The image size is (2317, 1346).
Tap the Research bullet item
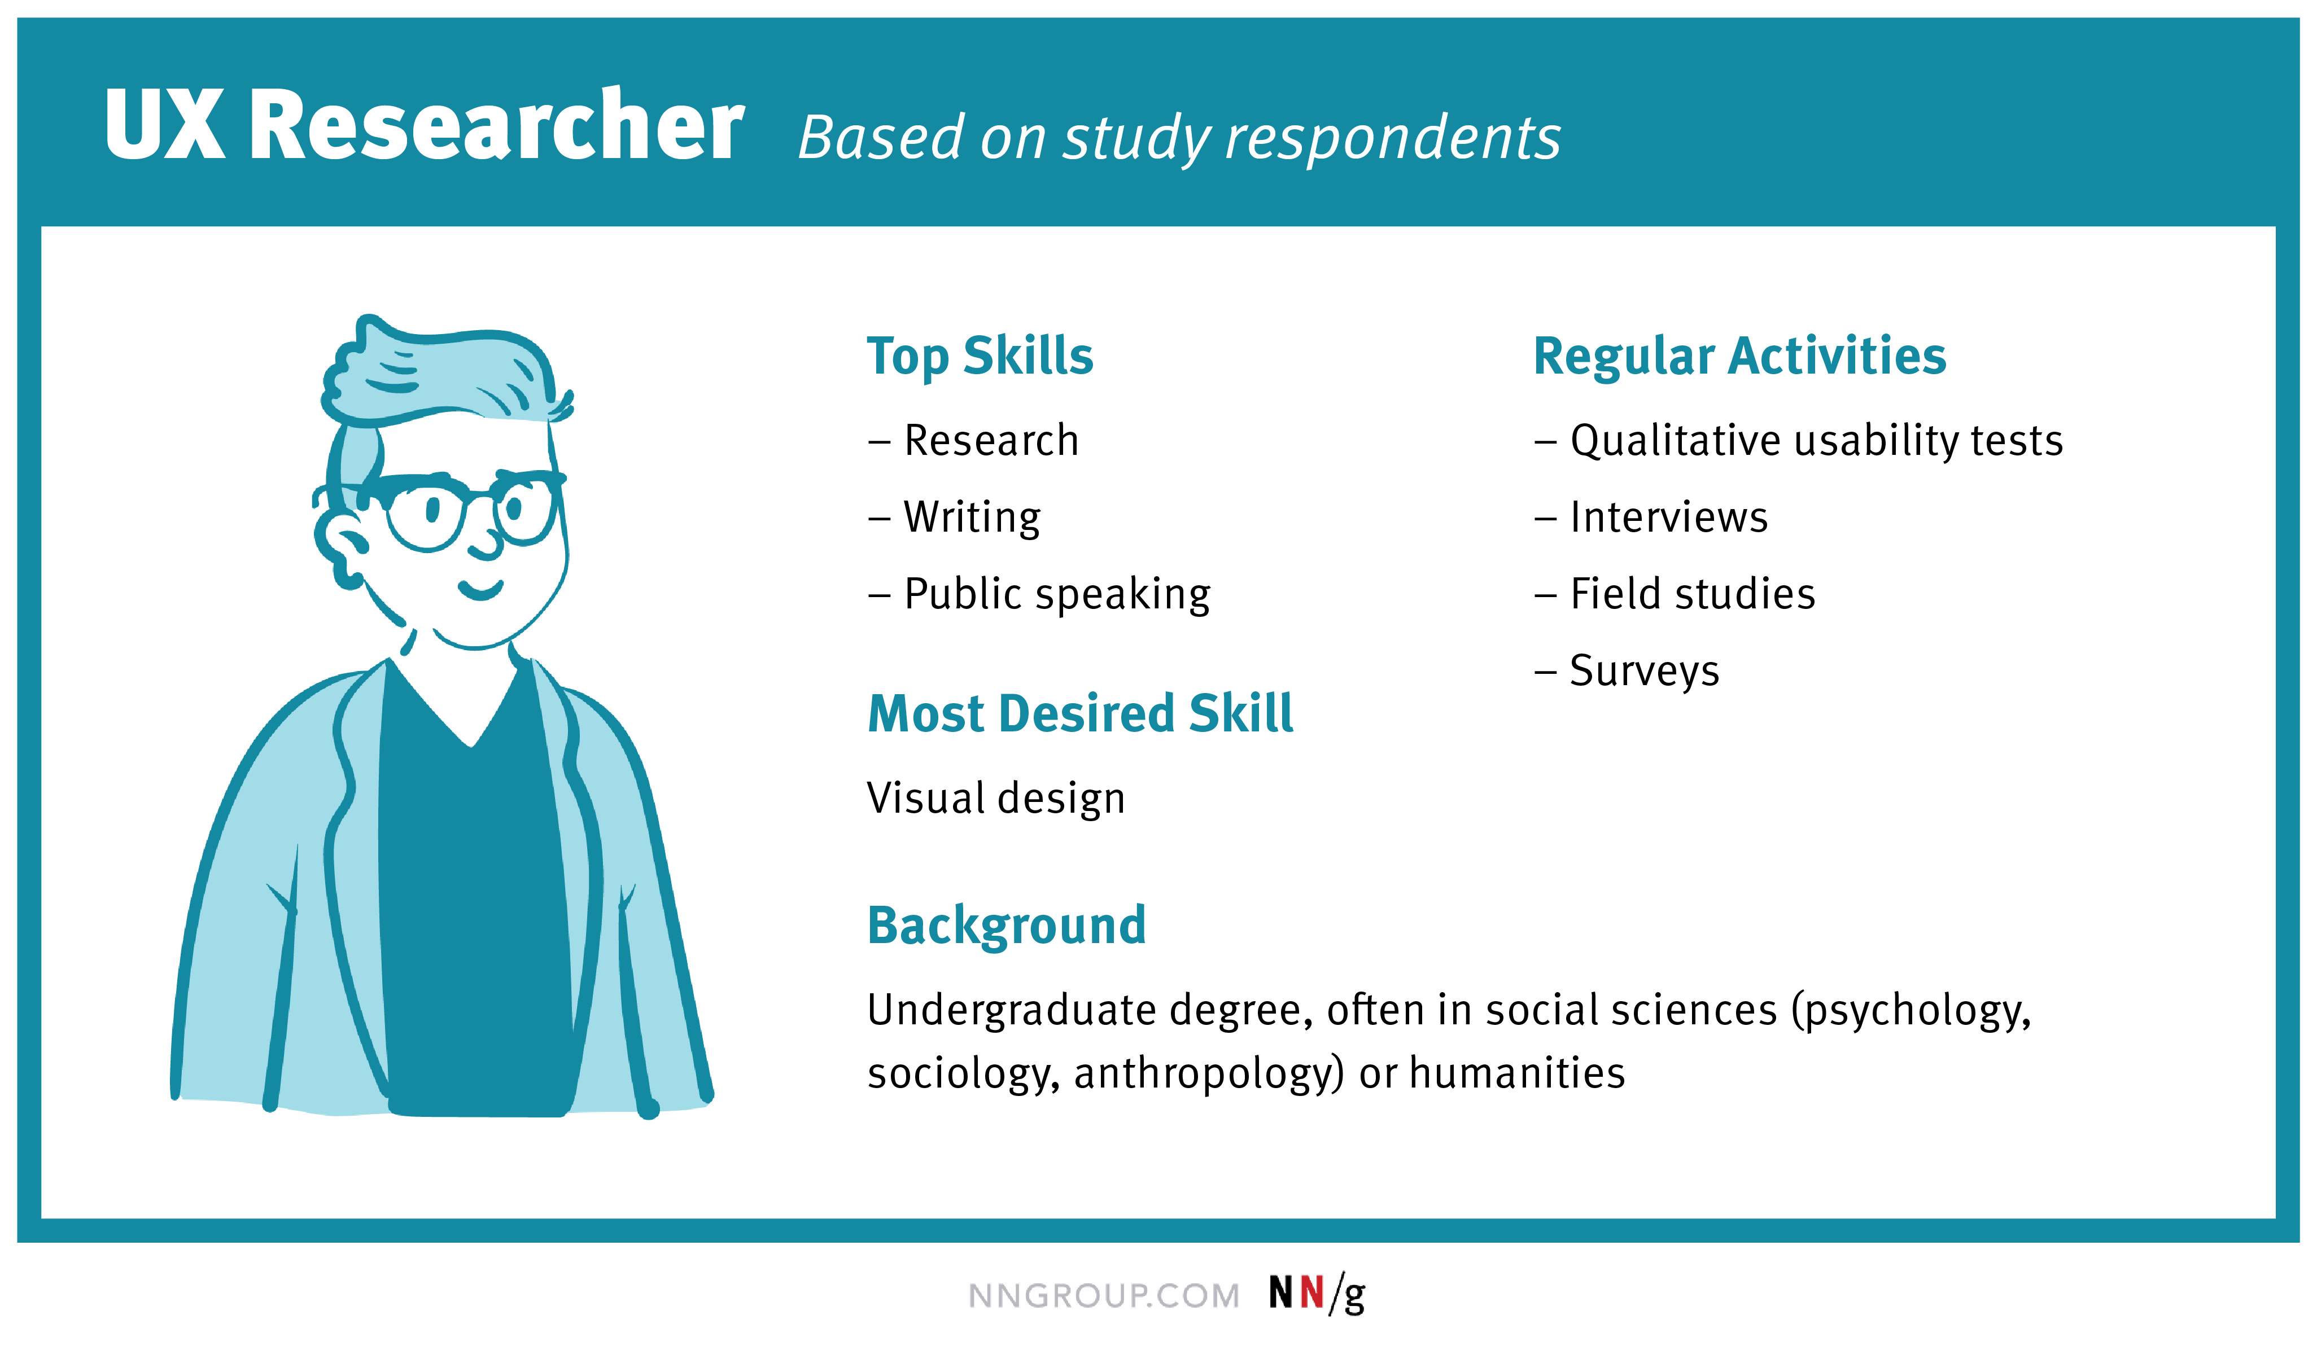pos(990,440)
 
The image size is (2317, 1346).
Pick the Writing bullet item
pos(971,517)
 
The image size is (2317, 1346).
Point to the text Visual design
pos(996,798)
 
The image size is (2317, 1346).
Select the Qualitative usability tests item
pos(1816,440)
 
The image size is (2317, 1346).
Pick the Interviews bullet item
pos(1668,517)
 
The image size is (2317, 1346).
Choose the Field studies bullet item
pos(1692,594)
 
